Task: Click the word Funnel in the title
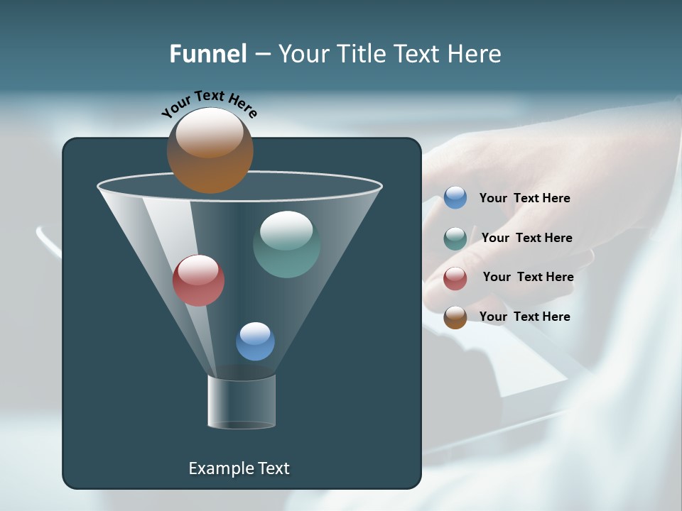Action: coord(207,54)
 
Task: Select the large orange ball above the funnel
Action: coord(210,150)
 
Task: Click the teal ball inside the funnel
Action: coord(286,244)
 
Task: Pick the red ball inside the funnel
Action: coord(198,280)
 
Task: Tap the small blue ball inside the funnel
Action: coord(255,341)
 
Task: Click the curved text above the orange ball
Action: coord(209,103)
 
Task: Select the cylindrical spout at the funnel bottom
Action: coord(242,402)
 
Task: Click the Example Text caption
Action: coord(239,468)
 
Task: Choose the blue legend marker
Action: coord(455,198)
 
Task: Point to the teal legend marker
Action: coord(455,238)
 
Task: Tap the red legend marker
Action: coord(455,278)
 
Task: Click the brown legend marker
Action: coord(455,317)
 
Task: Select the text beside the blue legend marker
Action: coord(524,199)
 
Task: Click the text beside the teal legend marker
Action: coord(526,238)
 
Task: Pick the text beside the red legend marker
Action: coord(528,278)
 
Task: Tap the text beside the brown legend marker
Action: coord(524,317)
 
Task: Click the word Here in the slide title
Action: coord(475,54)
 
